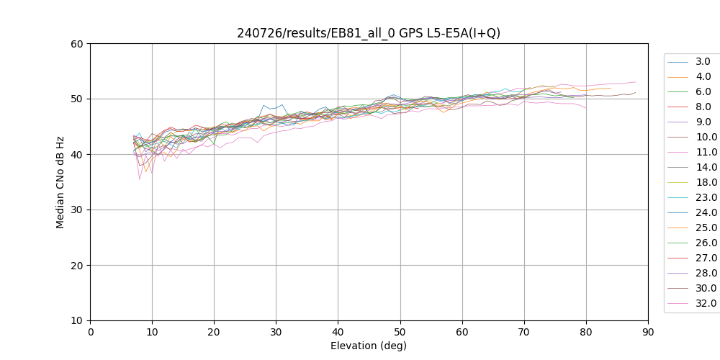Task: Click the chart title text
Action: click(369, 33)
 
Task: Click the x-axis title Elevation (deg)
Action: click(369, 346)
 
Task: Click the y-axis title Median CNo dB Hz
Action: click(60, 182)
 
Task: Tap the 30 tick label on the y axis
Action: click(77, 210)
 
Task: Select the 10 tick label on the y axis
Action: click(77, 320)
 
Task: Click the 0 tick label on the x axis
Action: click(90, 332)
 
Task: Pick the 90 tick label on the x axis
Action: click(648, 332)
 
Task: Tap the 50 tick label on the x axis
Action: click(400, 332)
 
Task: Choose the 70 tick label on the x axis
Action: click(524, 332)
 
